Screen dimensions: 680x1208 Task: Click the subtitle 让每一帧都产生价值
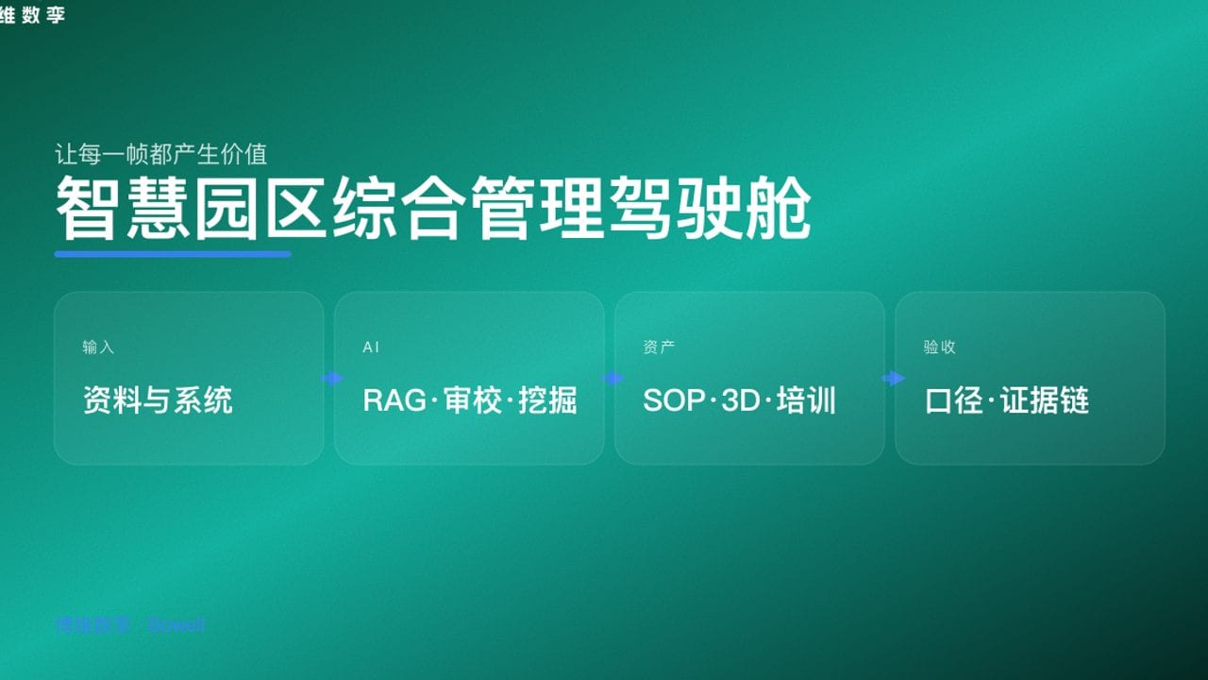161,154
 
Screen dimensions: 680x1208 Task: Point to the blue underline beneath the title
173,253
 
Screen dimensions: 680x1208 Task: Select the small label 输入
98,348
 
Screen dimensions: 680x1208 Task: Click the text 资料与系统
158,400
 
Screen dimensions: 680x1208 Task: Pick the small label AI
371,348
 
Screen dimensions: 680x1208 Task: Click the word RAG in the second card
394,400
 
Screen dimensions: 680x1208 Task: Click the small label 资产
659,348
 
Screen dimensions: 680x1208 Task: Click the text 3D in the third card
741,400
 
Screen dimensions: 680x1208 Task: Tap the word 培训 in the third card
806,400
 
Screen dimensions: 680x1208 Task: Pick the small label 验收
939,348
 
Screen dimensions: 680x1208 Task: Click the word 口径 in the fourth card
955,400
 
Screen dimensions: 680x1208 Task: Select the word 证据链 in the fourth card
1046,400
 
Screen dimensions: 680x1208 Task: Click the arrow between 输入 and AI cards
331,379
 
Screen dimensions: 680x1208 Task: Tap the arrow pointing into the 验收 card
892,379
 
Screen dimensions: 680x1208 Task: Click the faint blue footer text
130,625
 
